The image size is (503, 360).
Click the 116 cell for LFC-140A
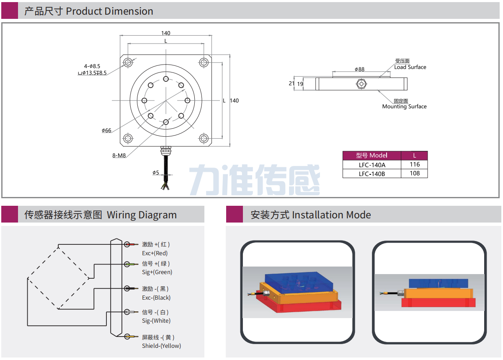tap(414, 165)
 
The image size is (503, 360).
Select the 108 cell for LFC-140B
tap(414, 174)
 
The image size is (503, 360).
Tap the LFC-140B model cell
tap(371, 174)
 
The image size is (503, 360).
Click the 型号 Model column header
tap(371, 155)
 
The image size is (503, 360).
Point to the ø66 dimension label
tap(106, 130)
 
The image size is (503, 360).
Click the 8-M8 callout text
tap(119, 155)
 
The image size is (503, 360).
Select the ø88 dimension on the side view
tap(359, 69)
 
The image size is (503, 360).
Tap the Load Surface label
tap(410, 67)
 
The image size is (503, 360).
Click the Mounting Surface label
tap(404, 106)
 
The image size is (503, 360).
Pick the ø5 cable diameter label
tap(155, 173)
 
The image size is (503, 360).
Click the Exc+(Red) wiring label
tap(155, 253)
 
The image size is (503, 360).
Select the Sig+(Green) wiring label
tap(157, 272)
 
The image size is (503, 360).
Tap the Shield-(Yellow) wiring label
tap(161, 346)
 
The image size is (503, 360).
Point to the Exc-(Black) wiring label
tap(156, 298)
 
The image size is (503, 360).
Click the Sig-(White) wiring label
tap(156, 321)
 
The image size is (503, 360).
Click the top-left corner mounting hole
tap(128, 62)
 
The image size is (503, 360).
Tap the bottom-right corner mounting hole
tap(204, 138)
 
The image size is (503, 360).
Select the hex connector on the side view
tap(361, 84)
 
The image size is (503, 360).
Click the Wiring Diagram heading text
tap(142, 215)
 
